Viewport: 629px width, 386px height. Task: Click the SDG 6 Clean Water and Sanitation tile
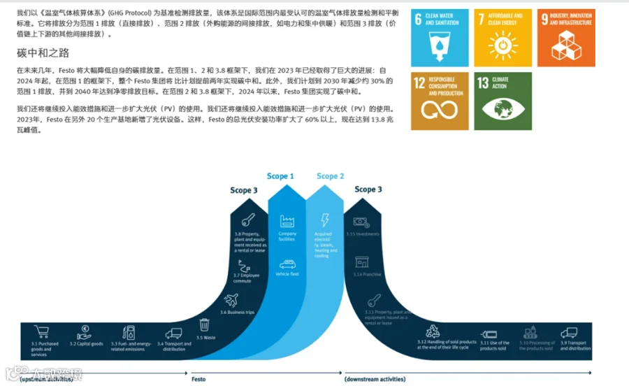point(440,38)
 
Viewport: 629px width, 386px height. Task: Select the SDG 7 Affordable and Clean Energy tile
point(503,38)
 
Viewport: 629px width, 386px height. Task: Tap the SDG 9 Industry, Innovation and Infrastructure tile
point(567,38)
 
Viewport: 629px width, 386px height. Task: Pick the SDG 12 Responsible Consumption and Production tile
point(440,101)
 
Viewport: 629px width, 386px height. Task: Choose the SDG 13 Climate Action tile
point(503,101)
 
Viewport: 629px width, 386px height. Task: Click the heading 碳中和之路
point(43,53)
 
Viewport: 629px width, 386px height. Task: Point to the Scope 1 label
point(280,176)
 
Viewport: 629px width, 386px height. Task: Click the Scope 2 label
point(330,176)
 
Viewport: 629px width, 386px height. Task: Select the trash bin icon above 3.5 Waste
point(204,324)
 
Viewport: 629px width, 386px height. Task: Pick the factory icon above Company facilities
point(287,222)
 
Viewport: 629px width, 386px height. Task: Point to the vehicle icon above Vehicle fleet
point(287,264)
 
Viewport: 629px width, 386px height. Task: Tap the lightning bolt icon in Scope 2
point(324,220)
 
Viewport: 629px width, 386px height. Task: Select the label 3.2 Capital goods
point(86,344)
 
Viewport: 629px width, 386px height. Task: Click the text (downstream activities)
point(375,379)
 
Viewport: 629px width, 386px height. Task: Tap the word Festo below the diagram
point(198,379)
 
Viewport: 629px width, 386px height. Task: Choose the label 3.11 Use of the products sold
point(494,345)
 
